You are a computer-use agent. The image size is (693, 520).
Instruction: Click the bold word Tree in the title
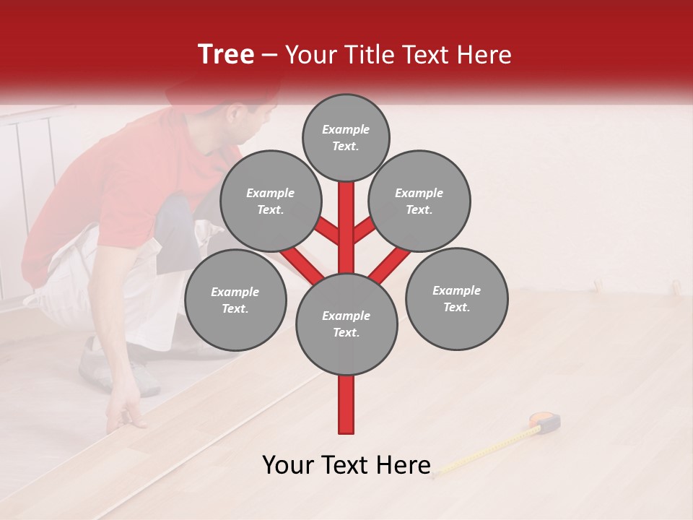226,54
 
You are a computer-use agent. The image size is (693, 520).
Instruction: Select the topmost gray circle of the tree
346,137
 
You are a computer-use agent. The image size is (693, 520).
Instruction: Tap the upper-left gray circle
271,201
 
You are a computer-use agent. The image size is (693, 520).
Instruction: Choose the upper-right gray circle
419,201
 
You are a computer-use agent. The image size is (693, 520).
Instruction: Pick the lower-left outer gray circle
235,300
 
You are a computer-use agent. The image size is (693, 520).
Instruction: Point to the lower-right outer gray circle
456,298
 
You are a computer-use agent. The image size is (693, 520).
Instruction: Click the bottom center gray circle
346,324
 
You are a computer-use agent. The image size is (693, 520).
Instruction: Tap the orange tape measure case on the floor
546,421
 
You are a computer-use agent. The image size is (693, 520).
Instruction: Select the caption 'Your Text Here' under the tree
346,465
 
